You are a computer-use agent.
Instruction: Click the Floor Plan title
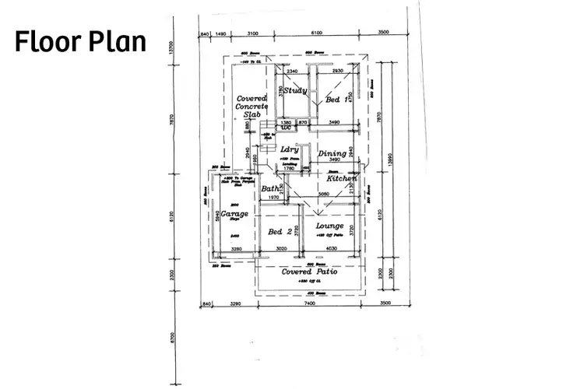click(x=80, y=41)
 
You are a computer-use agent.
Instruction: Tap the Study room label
click(x=294, y=91)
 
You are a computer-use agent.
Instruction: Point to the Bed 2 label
click(x=280, y=232)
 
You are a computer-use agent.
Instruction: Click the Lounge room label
click(x=330, y=226)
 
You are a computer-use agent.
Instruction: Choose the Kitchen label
click(x=341, y=179)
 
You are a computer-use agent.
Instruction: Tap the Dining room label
click(x=332, y=154)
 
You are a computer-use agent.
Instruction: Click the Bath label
click(x=269, y=189)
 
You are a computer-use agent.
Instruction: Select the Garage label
click(x=234, y=214)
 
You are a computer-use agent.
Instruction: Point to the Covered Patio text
click(x=313, y=272)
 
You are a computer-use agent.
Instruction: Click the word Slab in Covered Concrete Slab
click(x=252, y=114)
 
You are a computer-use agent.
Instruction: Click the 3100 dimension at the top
click(x=252, y=34)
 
